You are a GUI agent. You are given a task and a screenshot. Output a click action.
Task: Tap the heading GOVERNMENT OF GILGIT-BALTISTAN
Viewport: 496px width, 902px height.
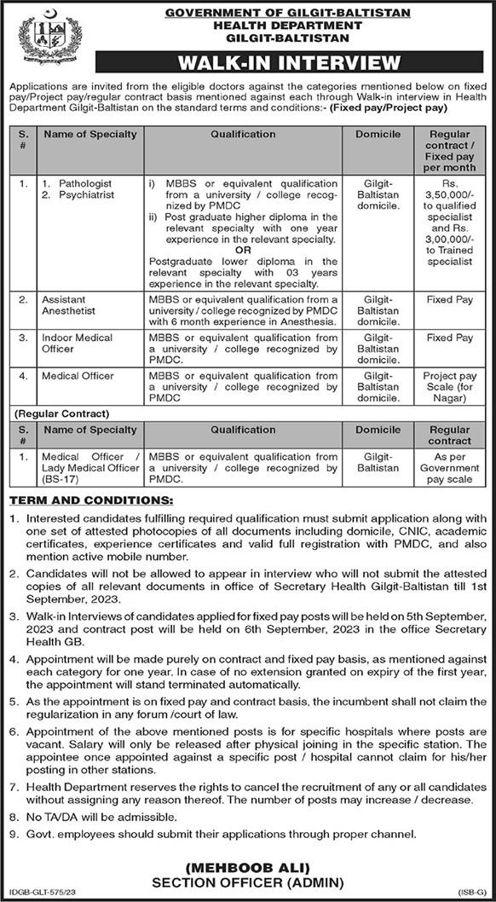tap(288, 13)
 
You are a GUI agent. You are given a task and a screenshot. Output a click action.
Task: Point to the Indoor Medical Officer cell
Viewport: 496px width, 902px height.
tap(77, 343)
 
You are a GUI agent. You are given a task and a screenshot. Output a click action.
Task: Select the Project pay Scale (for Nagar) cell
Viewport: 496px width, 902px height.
tap(450, 386)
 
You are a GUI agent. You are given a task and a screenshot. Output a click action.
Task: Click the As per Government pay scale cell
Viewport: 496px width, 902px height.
tap(450, 468)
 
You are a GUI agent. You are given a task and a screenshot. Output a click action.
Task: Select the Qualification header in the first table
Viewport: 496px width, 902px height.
tap(244, 134)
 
